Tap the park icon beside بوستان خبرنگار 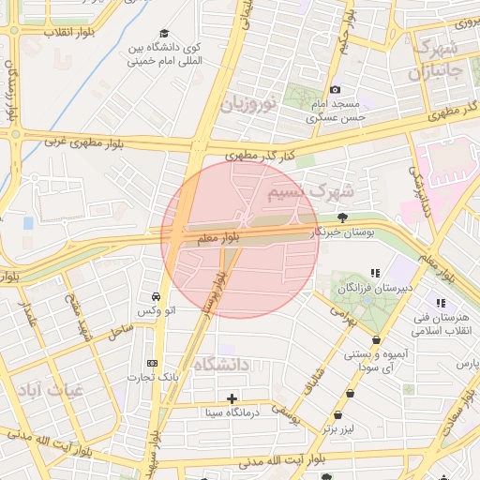coord(343,217)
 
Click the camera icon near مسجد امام coord(335,90)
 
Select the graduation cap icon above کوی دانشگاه coord(164,33)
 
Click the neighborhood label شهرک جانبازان coord(435,58)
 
